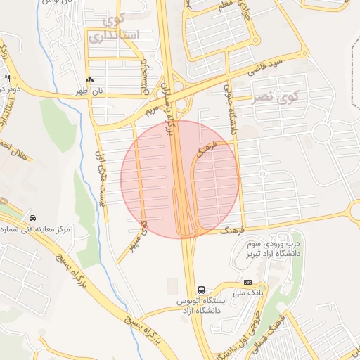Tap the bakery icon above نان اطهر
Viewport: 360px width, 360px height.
point(89,80)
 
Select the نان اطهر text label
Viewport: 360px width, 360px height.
point(89,91)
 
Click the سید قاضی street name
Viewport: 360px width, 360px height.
point(269,70)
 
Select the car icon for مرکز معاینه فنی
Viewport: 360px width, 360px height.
point(33,217)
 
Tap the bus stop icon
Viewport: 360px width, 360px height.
point(202,290)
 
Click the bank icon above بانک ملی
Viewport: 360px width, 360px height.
point(247,281)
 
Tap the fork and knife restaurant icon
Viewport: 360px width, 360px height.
point(7,78)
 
